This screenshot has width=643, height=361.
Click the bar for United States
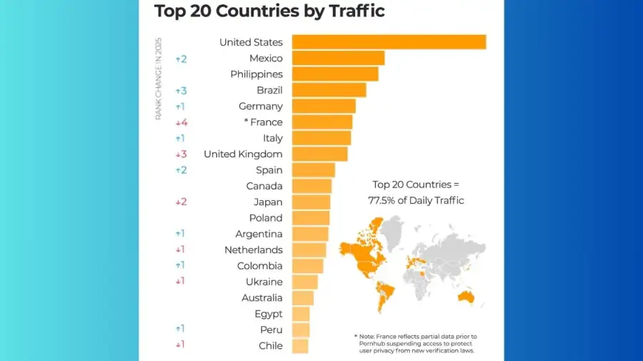389,42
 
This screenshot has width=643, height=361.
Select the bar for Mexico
338,58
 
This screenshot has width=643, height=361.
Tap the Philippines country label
256,74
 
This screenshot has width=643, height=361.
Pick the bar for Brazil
329,90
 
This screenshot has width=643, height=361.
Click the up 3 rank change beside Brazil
181,91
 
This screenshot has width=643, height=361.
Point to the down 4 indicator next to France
181,122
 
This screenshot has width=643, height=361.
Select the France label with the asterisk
263,122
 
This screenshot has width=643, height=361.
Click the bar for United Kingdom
319,154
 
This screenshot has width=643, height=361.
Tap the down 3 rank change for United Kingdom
181,154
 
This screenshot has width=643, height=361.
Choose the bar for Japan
311,202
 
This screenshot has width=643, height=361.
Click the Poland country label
265,218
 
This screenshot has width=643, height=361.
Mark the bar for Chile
300,346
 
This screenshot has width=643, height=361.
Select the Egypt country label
268,314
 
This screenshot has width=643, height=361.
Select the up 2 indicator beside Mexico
181,59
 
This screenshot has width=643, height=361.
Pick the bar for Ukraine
305,282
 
